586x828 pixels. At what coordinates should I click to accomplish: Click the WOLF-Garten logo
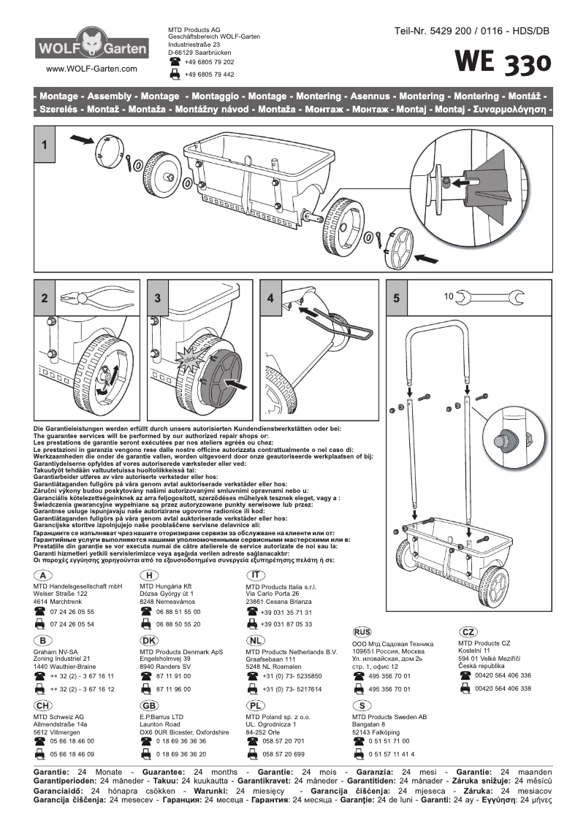click(x=91, y=46)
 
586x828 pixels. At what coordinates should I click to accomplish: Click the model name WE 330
click(x=503, y=64)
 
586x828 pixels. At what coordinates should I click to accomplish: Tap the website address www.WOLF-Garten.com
click(x=91, y=69)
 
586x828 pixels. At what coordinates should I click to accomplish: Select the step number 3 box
click(x=158, y=298)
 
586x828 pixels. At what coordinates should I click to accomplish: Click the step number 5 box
click(x=396, y=298)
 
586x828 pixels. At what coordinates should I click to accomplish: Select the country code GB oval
click(x=149, y=705)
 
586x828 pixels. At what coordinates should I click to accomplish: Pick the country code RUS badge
click(x=362, y=632)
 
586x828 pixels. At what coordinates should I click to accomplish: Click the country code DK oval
click(x=149, y=640)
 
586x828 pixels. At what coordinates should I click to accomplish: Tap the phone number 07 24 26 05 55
click(x=72, y=612)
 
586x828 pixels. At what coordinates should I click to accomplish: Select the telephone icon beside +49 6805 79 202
click(x=175, y=63)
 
